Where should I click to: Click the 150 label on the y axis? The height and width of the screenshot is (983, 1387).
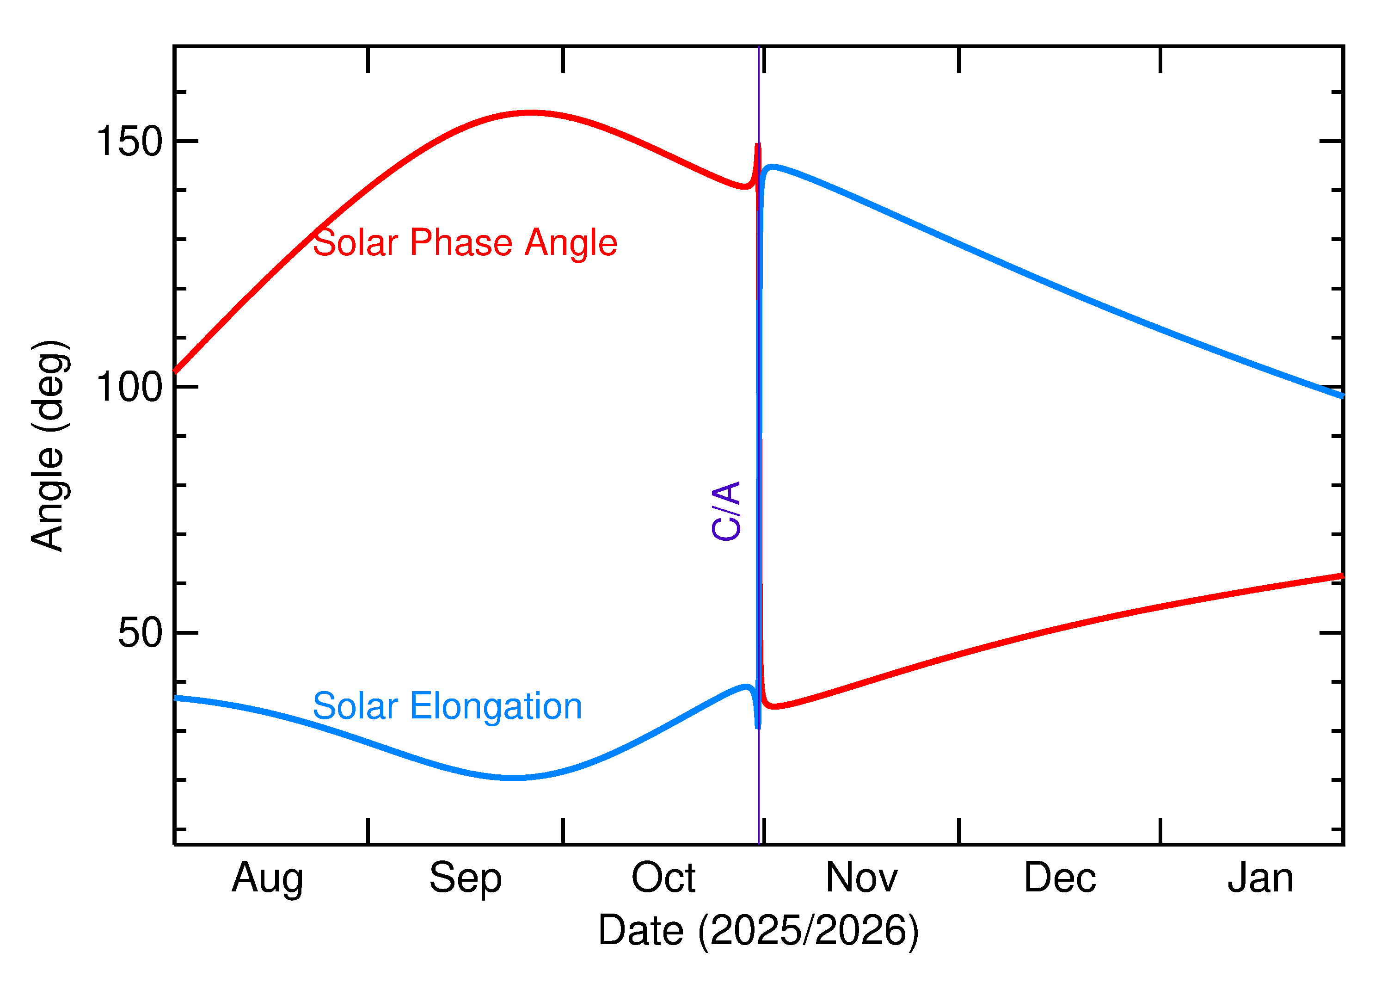pos(129,142)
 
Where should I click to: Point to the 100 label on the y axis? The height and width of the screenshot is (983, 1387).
pos(129,387)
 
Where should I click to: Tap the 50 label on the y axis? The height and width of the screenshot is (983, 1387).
pos(141,633)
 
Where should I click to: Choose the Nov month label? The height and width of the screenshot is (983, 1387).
pos(861,878)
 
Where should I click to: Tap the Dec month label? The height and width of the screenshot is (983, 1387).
pos(1060,878)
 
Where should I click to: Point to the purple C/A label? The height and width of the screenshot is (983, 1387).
pos(726,511)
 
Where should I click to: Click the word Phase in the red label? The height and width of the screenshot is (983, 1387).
pos(461,243)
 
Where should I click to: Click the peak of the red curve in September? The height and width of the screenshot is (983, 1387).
pos(530,112)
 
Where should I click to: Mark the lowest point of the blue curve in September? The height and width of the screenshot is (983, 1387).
pos(513,777)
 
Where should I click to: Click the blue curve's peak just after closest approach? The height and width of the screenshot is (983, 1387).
pos(773,167)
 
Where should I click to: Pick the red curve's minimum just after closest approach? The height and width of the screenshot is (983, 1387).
pos(774,706)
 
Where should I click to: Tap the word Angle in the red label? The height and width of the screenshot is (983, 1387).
pos(571,243)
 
